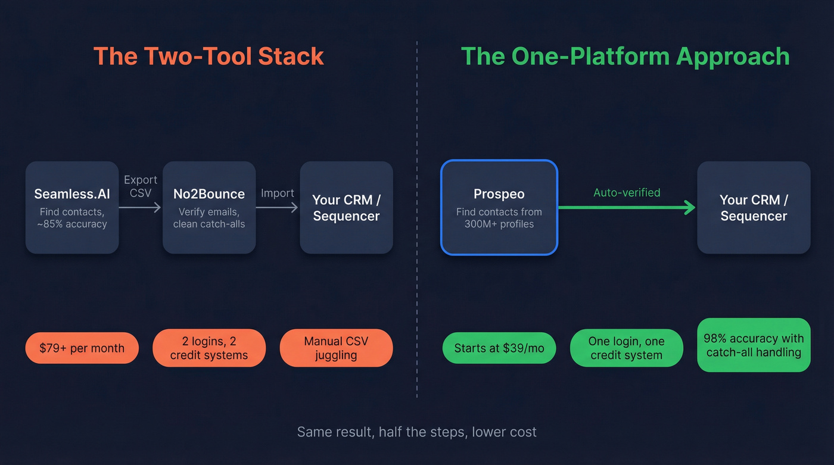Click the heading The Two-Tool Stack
[x=208, y=57]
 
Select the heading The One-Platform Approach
[x=625, y=57]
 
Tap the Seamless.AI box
[x=72, y=207]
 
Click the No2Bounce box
[x=209, y=207]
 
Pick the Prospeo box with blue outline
[x=499, y=207]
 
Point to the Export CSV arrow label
[x=141, y=186]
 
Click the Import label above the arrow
[x=277, y=193]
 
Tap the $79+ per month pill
[x=82, y=348]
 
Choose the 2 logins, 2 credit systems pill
[x=209, y=348]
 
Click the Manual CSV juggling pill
[x=336, y=348]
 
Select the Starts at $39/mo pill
[x=499, y=348]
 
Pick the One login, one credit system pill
[x=626, y=348]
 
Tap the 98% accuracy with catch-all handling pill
[x=754, y=345]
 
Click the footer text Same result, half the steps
[x=416, y=432]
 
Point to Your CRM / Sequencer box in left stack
[x=346, y=207]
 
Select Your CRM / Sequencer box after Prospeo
[x=754, y=207]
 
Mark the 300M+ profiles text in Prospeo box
[x=499, y=224]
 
